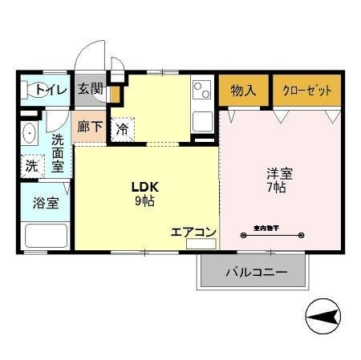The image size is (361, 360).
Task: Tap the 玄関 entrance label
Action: pos(90,89)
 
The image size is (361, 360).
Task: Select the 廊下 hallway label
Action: pos(89,127)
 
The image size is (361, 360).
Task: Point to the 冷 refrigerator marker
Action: pos(122,128)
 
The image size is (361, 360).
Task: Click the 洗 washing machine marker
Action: pos(30,166)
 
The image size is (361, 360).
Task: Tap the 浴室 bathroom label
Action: pos(46,203)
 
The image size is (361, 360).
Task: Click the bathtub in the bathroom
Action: pos(46,235)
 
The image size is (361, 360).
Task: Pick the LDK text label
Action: pos(145,187)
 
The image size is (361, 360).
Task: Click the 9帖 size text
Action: pos(145,201)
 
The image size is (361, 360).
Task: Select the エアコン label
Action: pos(193,232)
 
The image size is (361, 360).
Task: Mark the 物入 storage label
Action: pos(243,90)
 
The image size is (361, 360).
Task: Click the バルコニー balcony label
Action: pos(255,273)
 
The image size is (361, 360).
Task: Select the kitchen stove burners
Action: pos(202,90)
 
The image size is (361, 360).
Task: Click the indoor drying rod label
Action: pos(266,229)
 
